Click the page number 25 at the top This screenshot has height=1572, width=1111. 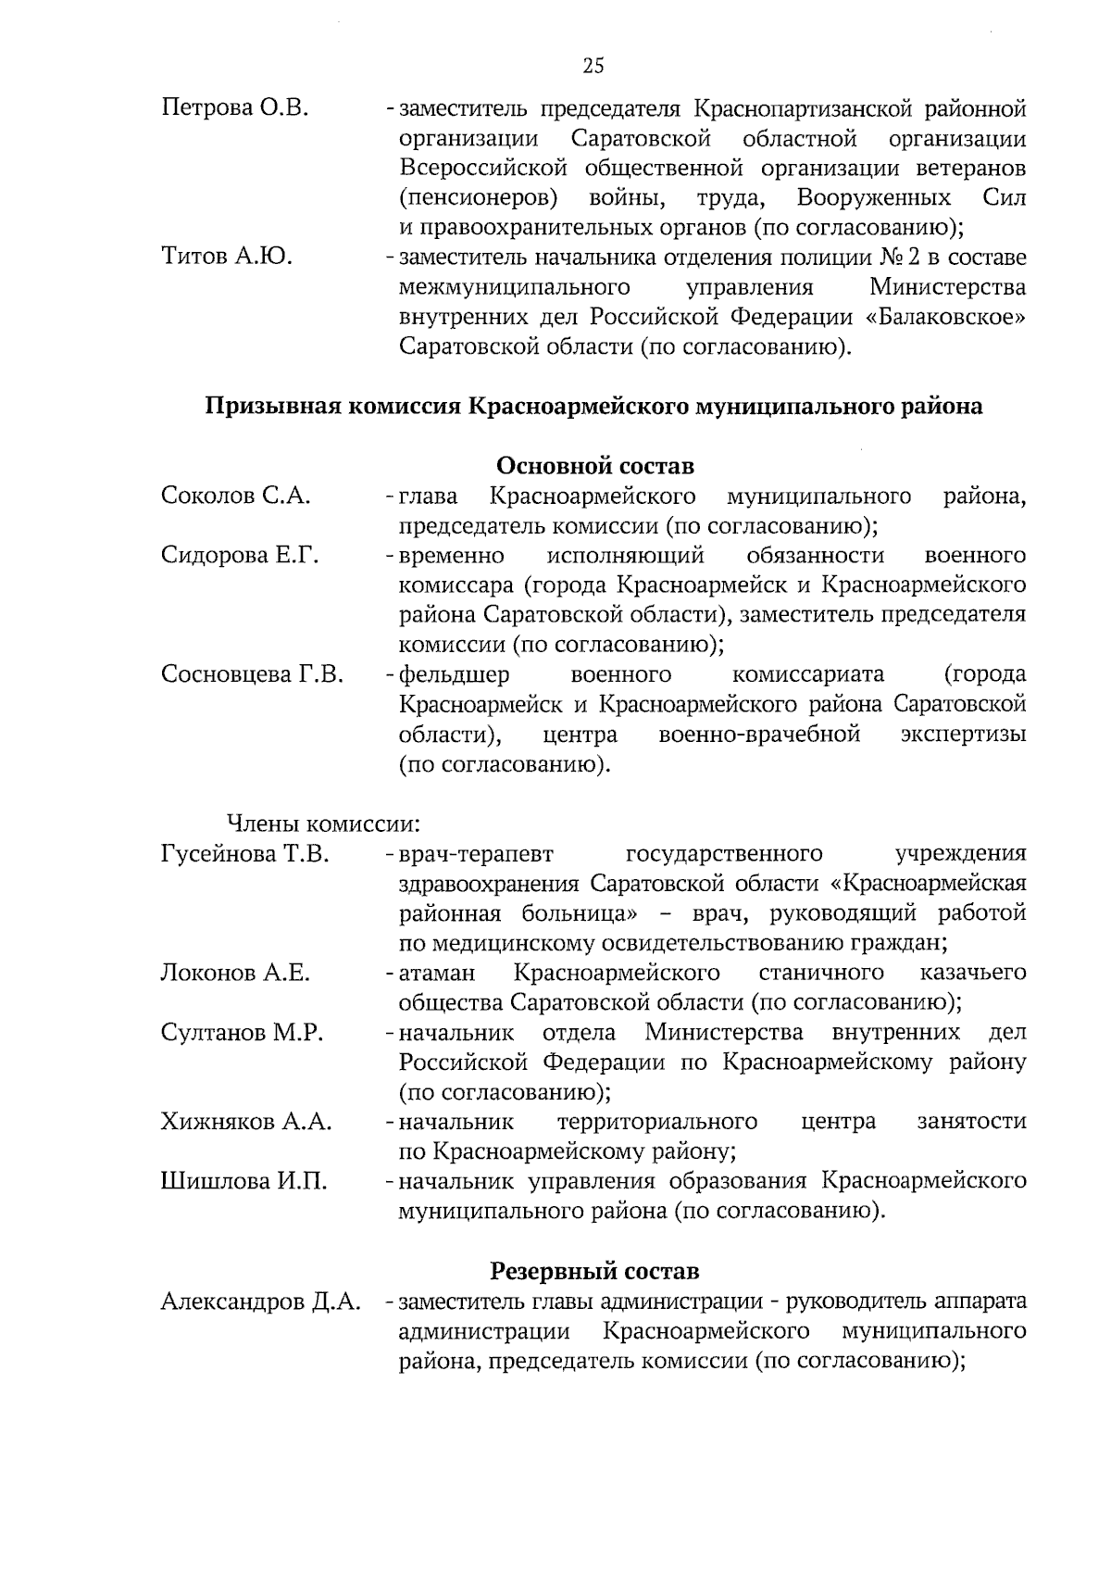pyautogui.click(x=593, y=65)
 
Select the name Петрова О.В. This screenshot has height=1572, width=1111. pyautogui.click(x=234, y=108)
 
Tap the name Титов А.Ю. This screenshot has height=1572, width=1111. pyautogui.click(x=227, y=257)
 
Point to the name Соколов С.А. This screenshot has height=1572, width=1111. pyautogui.click(x=235, y=496)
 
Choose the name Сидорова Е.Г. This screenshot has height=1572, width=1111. pyautogui.click(x=240, y=555)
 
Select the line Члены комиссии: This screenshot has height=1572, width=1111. pyautogui.click(x=324, y=823)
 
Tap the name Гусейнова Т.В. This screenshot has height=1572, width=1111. pyautogui.click(x=245, y=853)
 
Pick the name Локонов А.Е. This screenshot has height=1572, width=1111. pyautogui.click(x=235, y=973)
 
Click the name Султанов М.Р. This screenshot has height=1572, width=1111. pyautogui.click(x=242, y=1032)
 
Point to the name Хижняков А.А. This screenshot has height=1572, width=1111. pyautogui.click(x=246, y=1121)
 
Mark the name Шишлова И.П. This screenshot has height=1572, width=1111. pyautogui.click(x=244, y=1181)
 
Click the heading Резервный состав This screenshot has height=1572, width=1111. pyautogui.click(x=594, y=1271)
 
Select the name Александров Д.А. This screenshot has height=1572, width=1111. pyautogui.click(x=260, y=1302)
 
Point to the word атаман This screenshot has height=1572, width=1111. pyautogui.click(x=437, y=973)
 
